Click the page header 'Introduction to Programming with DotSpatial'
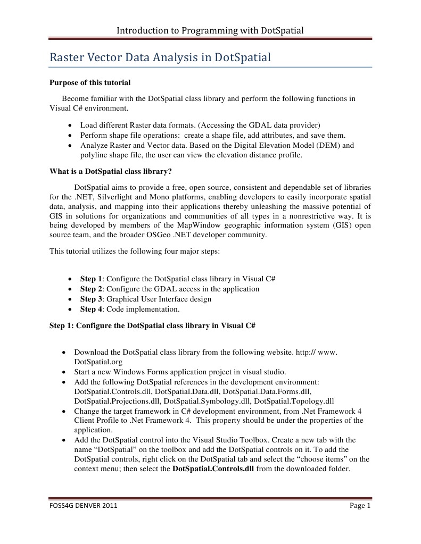tap(210, 30)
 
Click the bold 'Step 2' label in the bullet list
tap(91, 289)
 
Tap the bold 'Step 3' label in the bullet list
tap(91, 299)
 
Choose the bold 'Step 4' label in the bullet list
tap(91, 309)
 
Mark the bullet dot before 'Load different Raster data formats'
tap(70, 125)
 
